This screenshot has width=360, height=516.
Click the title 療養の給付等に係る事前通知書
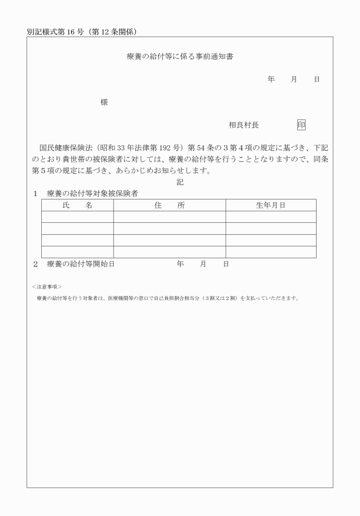click(179, 57)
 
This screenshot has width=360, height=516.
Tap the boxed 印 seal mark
click(301, 125)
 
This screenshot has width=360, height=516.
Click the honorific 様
click(104, 102)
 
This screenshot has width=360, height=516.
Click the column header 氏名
click(77, 205)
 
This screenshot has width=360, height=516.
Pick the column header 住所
click(169, 205)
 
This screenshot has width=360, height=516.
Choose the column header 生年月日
click(270, 205)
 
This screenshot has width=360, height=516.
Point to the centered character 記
click(180, 182)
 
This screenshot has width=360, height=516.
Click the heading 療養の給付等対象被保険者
click(92, 194)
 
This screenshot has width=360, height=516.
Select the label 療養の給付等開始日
click(81, 264)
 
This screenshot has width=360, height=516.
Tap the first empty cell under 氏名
click(77, 217)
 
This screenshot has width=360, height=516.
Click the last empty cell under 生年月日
click(270, 252)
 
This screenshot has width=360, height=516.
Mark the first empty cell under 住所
click(169, 217)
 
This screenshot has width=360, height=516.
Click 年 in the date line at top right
click(271, 79)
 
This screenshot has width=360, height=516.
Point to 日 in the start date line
click(226, 264)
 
